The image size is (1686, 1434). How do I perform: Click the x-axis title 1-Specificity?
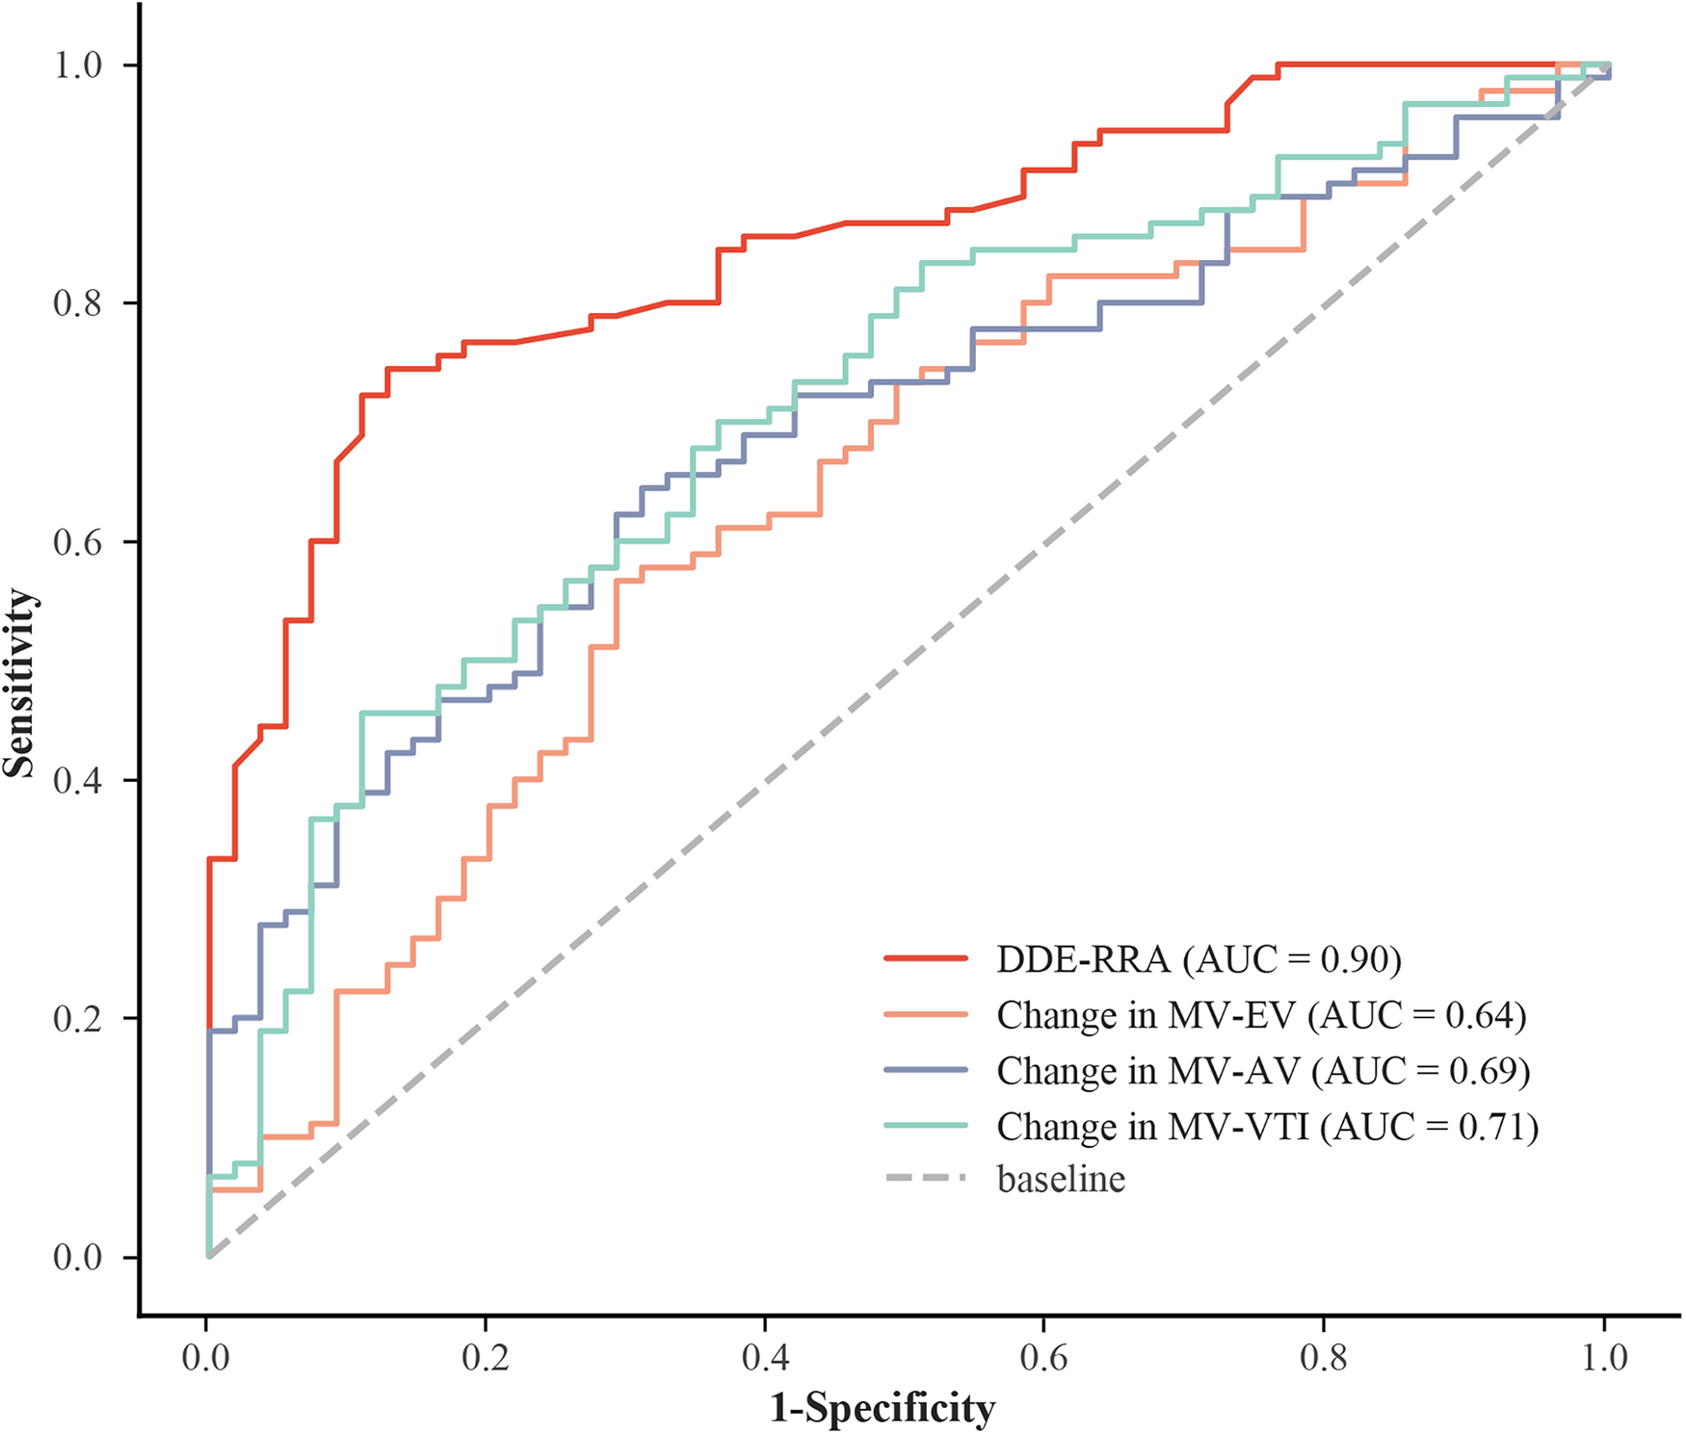[x=882, y=1408]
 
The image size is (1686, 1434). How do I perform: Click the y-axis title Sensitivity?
[x=19, y=683]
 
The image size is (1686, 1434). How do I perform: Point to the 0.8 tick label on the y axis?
[x=77, y=303]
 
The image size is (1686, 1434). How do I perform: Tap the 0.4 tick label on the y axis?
[x=77, y=780]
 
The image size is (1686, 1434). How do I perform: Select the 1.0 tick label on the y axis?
[x=77, y=65]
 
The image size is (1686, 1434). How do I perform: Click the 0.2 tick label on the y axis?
[x=77, y=1019]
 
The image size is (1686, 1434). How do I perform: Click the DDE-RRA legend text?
[x=1083, y=959]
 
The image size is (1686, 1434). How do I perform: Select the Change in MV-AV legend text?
[x=1148, y=1071]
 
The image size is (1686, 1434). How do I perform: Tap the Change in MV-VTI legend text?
[x=1153, y=1127]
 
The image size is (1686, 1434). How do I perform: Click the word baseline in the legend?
[x=1061, y=1179]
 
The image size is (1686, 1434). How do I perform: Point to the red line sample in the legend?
[x=925, y=958]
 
